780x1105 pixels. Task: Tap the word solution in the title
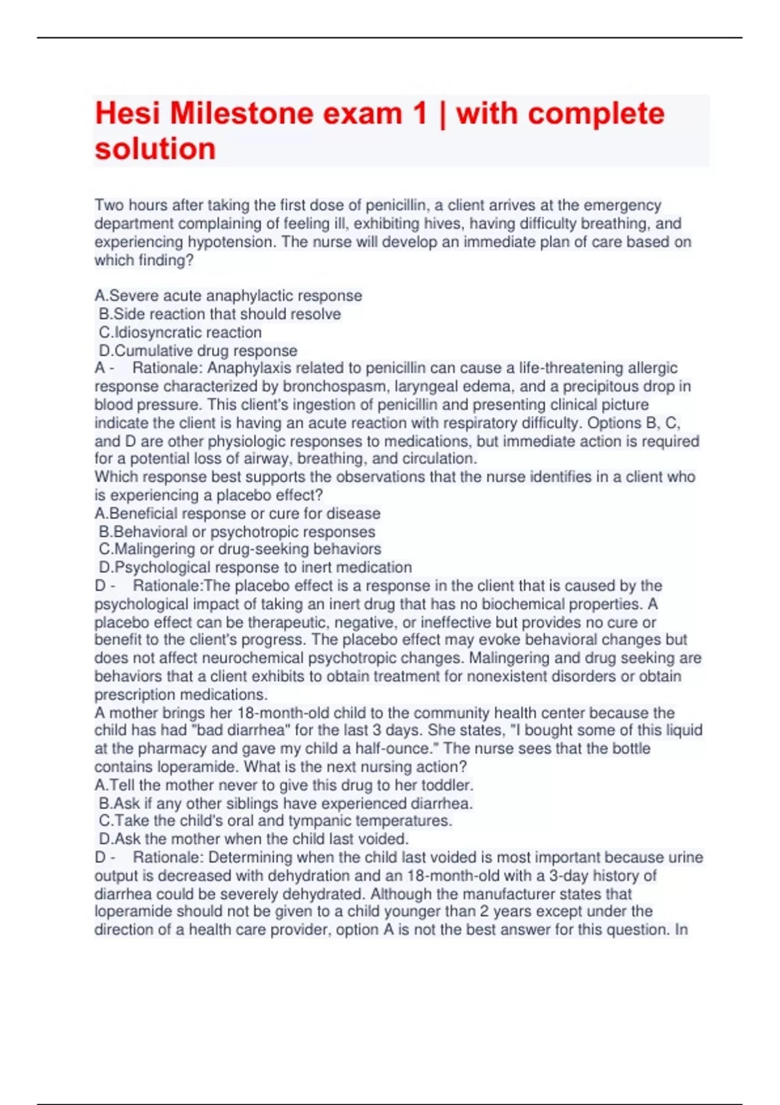pyautogui.click(x=155, y=149)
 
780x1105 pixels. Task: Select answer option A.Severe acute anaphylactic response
pyautogui.click(x=228, y=296)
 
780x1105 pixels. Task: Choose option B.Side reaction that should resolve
pyautogui.click(x=220, y=314)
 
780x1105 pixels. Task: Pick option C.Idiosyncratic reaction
pyautogui.click(x=180, y=332)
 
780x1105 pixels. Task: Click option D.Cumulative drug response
pyautogui.click(x=198, y=350)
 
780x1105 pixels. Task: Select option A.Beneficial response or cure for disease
pyautogui.click(x=237, y=513)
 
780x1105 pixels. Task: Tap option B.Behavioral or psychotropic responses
pyautogui.click(x=237, y=532)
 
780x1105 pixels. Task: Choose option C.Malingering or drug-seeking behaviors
pyautogui.click(x=240, y=549)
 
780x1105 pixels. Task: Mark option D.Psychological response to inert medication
pyautogui.click(x=255, y=567)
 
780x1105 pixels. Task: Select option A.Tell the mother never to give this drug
pyautogui.click(x=283, y=785)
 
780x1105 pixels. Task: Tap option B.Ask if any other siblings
pyautogui.click(x=286, y=803)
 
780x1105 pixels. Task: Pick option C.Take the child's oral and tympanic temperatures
pyautogui.click(x=276, y=821)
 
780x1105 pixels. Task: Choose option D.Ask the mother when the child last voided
pyautogui.click(x=253, y=839)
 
